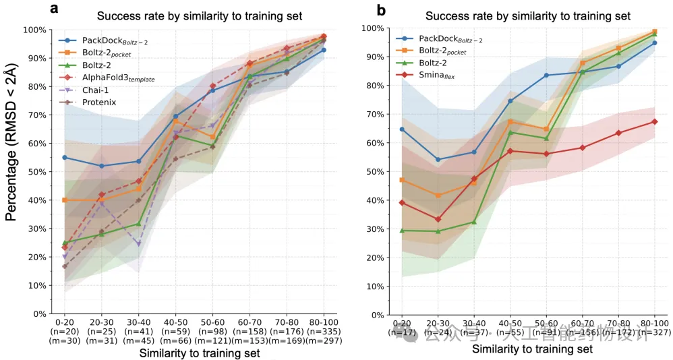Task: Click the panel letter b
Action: click(381, 9)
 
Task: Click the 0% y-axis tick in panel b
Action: click(374, 314)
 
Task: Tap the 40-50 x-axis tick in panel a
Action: click(176, 322)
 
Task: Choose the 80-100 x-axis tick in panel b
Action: click(654, 322)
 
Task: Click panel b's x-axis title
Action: click(532, 349)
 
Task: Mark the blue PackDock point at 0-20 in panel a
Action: click(65, 158)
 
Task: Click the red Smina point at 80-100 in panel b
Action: click(654, 121)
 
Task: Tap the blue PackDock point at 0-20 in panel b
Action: click(402, 129)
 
